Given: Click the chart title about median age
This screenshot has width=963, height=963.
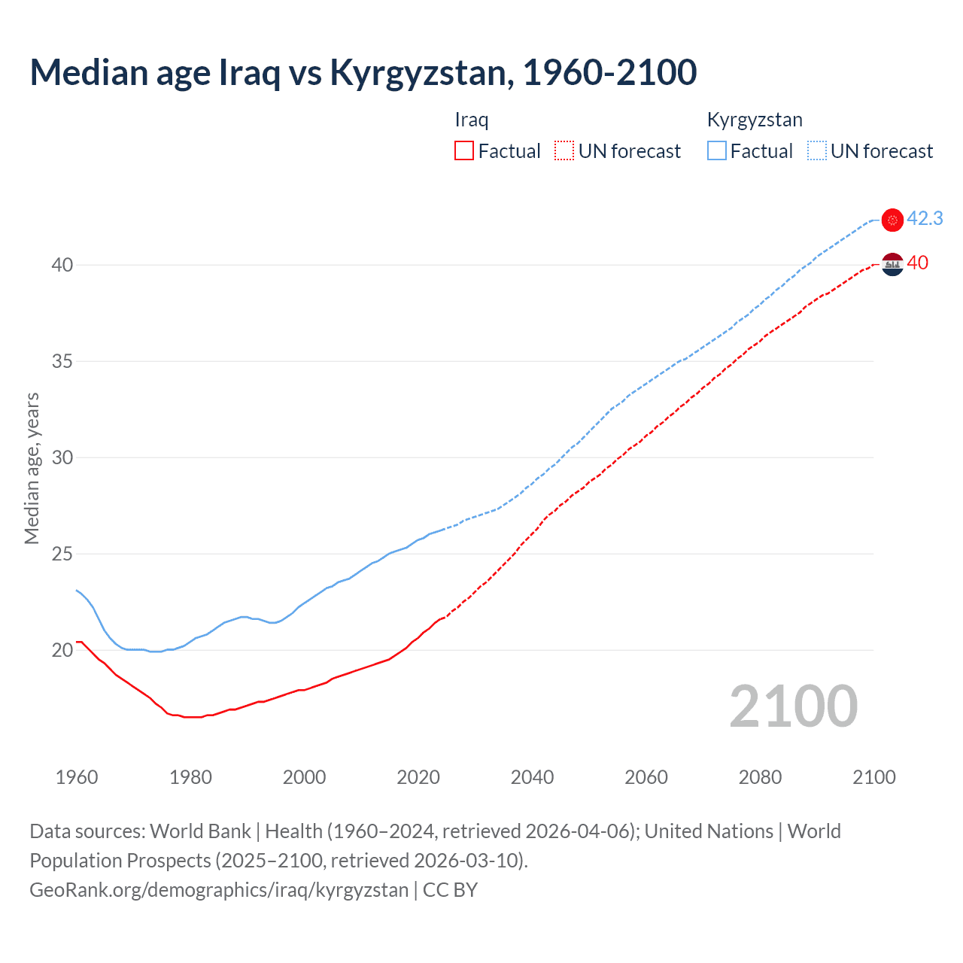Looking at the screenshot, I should (363, 72).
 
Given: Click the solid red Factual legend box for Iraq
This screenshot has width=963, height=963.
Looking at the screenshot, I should (464, 150).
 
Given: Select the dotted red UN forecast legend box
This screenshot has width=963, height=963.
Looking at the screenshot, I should (564, 150).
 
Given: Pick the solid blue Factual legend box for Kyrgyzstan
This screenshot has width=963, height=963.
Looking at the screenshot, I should (717, 150).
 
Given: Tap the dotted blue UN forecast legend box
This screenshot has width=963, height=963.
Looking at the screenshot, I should (817, 150).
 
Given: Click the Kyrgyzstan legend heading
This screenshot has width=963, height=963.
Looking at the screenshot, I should (755, 120).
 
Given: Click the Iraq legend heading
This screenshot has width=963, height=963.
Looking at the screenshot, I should (472, 120).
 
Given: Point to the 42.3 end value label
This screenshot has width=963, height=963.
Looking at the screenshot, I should (925, 218).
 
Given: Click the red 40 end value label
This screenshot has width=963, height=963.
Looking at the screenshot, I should (917, 263).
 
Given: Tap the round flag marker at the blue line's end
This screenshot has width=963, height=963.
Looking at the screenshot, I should (892, 220).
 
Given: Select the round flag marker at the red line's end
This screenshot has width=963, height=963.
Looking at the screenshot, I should (892, 264).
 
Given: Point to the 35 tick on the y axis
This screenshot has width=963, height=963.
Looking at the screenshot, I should (62, 361).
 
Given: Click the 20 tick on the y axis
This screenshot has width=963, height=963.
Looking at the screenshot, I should (62, 650).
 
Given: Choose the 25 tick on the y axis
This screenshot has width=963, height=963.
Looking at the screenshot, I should (62, 554).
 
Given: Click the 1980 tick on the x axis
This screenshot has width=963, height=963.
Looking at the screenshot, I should (190, 777).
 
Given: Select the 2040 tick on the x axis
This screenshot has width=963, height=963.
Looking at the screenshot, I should (532, 777).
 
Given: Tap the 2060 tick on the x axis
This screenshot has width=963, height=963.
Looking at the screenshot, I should (646, 777).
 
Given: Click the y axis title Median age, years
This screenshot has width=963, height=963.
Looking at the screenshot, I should (32, 468).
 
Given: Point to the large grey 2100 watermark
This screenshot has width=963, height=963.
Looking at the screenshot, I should (793, 706).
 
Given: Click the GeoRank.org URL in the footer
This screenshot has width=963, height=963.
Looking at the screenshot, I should (219, 890).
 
